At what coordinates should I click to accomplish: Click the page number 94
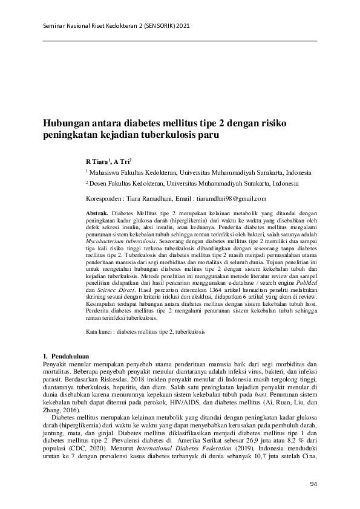pos(313,484)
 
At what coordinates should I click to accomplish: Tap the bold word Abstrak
pos(97,214)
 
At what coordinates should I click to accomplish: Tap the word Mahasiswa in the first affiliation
pos(107,172)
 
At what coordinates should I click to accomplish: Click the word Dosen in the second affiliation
pos(99,183)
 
